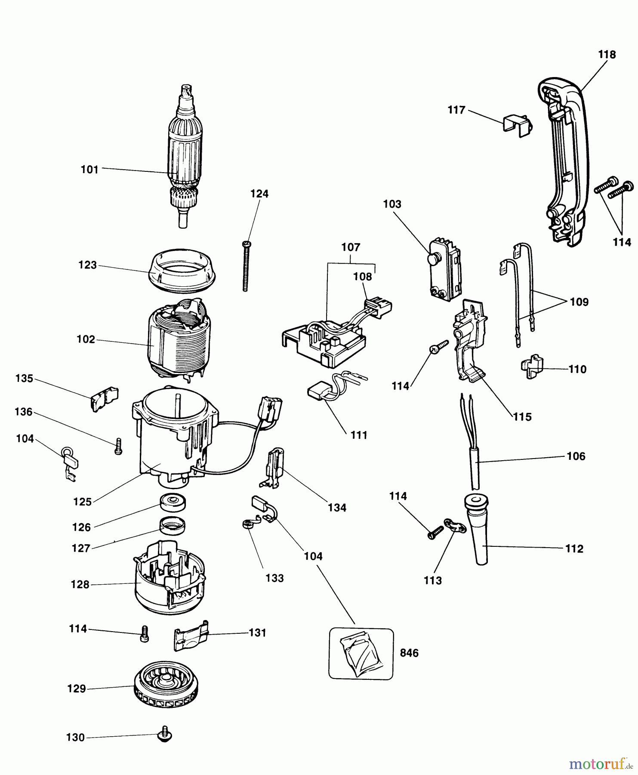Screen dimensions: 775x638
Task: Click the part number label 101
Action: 89,170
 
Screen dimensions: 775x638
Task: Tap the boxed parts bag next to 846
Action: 361,654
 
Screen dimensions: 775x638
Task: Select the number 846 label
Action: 409,653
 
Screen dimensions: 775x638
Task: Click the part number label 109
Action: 579,302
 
